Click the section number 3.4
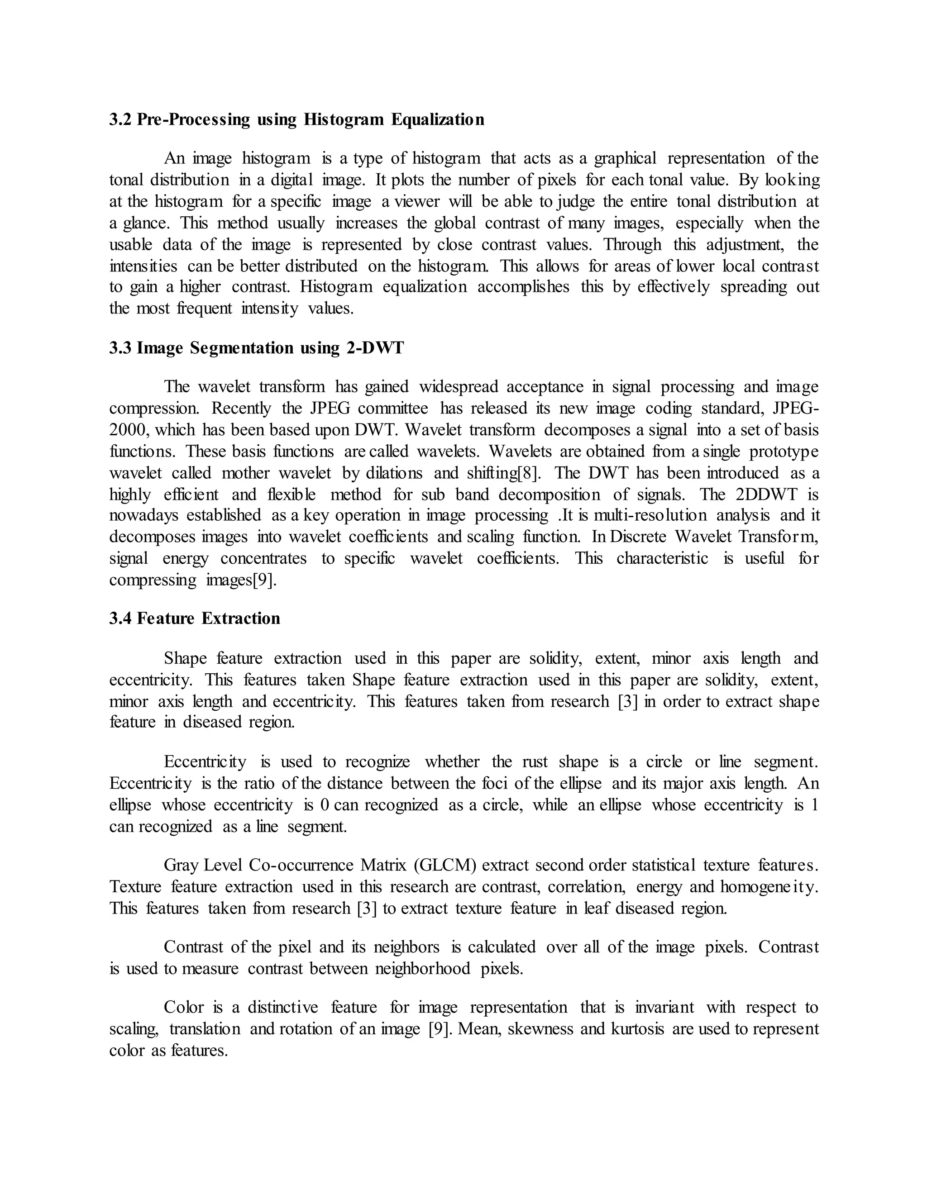click(x=120, y=619)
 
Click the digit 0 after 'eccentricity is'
click(x=324, y=805)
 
